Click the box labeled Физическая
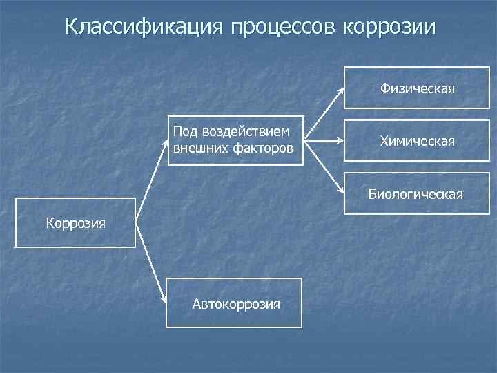click(x=416, y=88)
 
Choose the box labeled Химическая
click(x=416, y=141)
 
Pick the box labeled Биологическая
click(x=416, y=193)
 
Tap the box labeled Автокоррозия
click(x=233, y=303)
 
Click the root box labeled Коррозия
click(x=75, y=222)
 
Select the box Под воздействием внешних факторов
click(x=235, y=140)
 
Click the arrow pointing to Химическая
click(x=324, y=141)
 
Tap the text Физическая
click(x=417, y=88)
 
